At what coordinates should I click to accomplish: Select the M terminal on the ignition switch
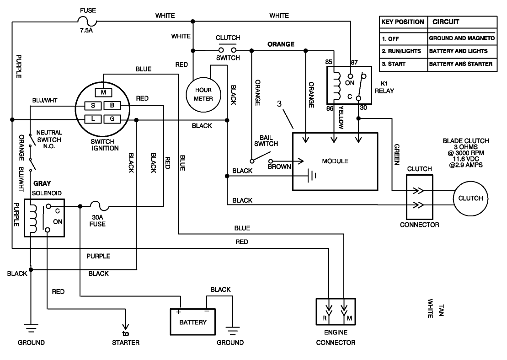coord(103,92)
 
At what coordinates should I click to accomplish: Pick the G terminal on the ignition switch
coord(111,119)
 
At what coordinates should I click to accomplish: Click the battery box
coord(193,322)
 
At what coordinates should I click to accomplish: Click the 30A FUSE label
coord(98,221)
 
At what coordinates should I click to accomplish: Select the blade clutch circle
coord(470,198)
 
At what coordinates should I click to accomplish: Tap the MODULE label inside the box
coord(335,161)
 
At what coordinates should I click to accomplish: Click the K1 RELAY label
coord(384,87)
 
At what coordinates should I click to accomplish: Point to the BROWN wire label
coord(279,167)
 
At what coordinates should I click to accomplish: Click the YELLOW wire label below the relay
coord(341,116)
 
